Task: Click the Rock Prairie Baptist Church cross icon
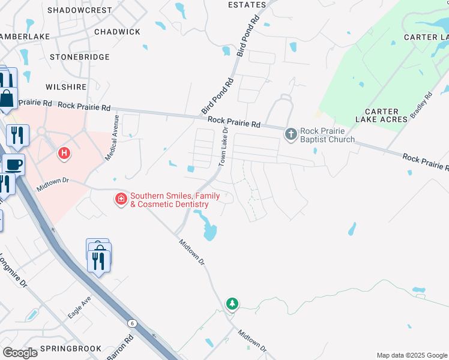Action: pyautogui.click(x=291, y=134)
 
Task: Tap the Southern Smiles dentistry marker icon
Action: pyautogui.click(x=121, y=198)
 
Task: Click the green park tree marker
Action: pyautogui.click(x=232, y=304)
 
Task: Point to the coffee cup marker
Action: pyautogui.click(x=13, y=164)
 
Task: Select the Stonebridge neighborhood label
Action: pyautogui.click(x=80, y=57)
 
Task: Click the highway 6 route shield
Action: pyautogui.click(x=132, y=323)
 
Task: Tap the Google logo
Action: pyautogui.click(x=20, y=353)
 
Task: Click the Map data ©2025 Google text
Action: pyautogui.click(x=411, y=355)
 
